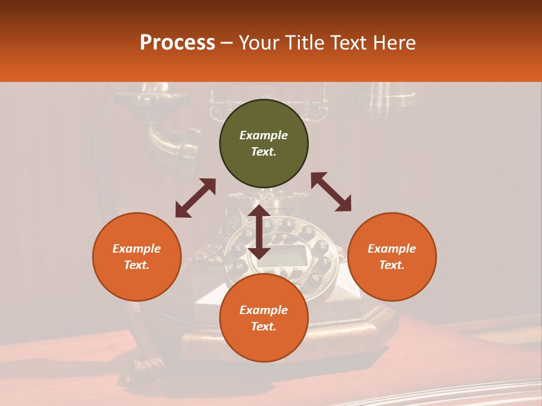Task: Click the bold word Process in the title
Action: pos(177,43)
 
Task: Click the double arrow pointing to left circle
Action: pos(195,198)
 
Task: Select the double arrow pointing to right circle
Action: pos(331,192)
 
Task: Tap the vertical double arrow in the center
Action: pos(259,232)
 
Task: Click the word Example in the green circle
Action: pos(264,135)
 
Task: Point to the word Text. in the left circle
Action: pos(137,265)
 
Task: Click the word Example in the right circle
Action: pos(392,249)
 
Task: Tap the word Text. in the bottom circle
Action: pos(264,326)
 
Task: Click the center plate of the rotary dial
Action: pos(289,257)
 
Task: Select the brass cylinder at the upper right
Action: pos(381,101)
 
